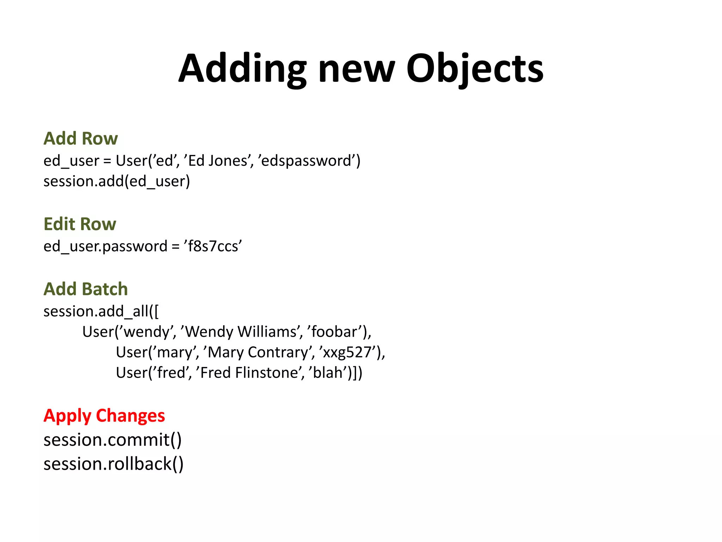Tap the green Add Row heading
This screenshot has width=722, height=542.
tap(81, 138)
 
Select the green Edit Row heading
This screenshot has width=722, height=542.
tap(80, 224)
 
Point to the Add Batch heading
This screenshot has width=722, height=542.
tap(86, 289)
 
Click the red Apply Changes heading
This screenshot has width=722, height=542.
tap(104, 416)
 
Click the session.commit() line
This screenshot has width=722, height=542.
tap(112, 440)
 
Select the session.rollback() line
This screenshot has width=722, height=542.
tap(114, 464)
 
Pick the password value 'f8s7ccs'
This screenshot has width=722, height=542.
tap(213, 246)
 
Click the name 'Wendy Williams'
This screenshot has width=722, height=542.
tap(241, 332)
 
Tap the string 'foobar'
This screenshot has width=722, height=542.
tap(335, 332)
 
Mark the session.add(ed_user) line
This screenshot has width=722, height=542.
tap(117, 181)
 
